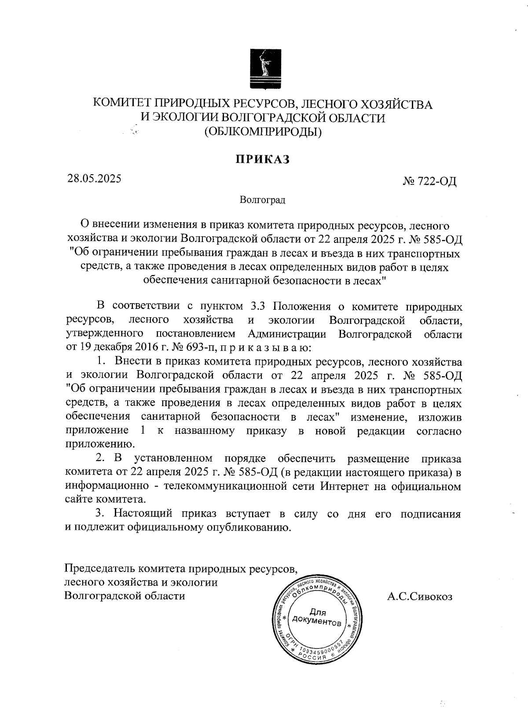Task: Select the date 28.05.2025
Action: click(x=94, y=179)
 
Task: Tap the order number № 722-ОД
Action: click(x=429, y=181)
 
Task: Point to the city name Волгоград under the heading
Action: click(x=263, y=200)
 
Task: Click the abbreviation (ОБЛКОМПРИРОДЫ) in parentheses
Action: click(x=263, y=131)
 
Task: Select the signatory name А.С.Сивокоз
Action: click(x=420, y=597)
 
